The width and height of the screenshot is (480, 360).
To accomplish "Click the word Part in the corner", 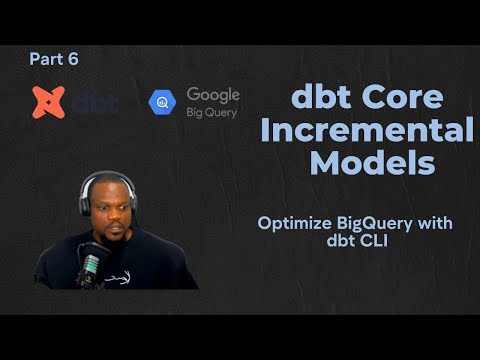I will click(45, 59).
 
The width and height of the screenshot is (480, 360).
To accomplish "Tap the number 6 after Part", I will click(72, 59).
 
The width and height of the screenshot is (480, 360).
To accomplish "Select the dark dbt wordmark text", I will click(92, 102).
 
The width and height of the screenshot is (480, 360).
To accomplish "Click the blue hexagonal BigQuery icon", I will click(163, 102).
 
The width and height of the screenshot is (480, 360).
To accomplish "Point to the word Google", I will click(213, 94).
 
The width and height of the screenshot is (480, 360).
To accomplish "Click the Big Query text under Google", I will click(212, 112).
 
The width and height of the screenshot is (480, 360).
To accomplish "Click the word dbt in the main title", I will click(321, 97).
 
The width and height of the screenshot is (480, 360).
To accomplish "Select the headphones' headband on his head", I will click(107, 177).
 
